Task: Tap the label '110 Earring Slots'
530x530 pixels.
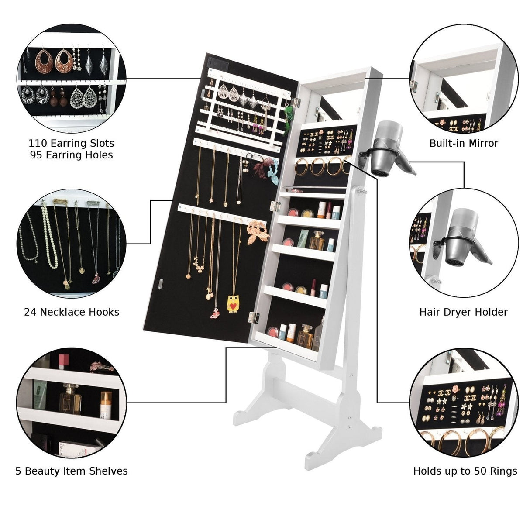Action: click(71, 143)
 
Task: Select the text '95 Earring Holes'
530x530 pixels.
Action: click(71, 155)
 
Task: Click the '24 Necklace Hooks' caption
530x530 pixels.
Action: click(72, 312)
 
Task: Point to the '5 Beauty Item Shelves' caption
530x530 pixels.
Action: click(72, 471)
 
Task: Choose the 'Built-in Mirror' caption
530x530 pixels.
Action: click(464, 143)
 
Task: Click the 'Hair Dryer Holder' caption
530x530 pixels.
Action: click(463, 312)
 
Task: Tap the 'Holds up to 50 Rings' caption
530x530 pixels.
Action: click(465, 471)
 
